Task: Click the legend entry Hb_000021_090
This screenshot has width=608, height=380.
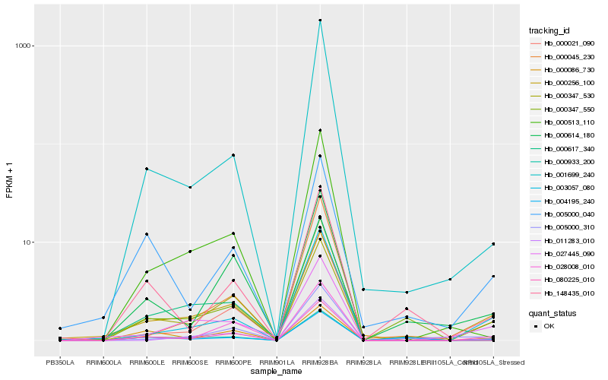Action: click(x=565, y=43)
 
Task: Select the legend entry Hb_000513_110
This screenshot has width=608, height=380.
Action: click(x=565, y=122)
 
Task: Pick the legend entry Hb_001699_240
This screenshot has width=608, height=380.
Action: click(x=565, y=174)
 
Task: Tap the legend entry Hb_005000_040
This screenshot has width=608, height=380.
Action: click(x=565, y=214)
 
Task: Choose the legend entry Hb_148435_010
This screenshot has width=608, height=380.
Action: click(x=565, y=293)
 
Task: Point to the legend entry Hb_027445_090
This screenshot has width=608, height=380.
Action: click(x=565, y=253)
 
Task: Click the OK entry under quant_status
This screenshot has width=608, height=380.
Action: click(x=549, y=325)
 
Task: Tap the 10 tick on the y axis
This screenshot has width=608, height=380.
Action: click(x=25, y=242)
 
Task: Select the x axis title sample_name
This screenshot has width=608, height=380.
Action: click(x=277, y=372)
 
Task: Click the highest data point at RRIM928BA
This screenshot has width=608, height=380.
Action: click(x=320, y=20)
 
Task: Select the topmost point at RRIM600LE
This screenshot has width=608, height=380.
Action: click(x=147, y=169)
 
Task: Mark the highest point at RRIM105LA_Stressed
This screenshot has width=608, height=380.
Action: click(x=493, y=244)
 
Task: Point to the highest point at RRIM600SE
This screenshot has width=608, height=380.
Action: click(x=190, y=187)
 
